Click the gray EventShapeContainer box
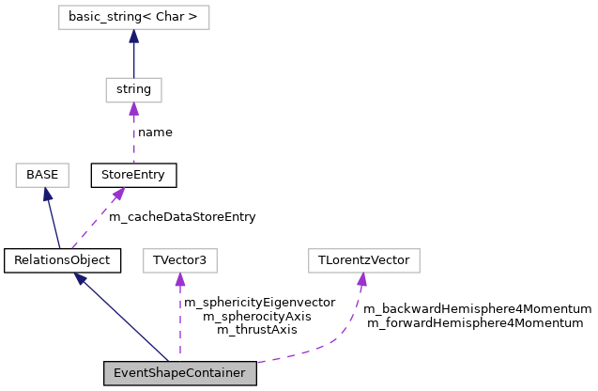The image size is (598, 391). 179,373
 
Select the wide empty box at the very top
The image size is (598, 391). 133,18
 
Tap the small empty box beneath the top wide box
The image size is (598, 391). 133,90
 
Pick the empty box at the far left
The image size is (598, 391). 42,176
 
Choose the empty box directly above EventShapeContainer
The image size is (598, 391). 180,260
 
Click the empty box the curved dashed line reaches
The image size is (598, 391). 364,260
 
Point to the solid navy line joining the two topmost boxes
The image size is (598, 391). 133,58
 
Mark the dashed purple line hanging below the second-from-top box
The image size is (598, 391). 133,136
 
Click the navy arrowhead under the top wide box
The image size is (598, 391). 133,36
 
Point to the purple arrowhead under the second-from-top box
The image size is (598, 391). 133,109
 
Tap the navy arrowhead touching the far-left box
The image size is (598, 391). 47,195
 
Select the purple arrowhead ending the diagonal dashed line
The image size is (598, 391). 119,193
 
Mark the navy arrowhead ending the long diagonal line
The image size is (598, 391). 80,278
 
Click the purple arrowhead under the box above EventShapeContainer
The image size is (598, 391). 180,279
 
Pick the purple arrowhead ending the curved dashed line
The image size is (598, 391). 361,279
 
